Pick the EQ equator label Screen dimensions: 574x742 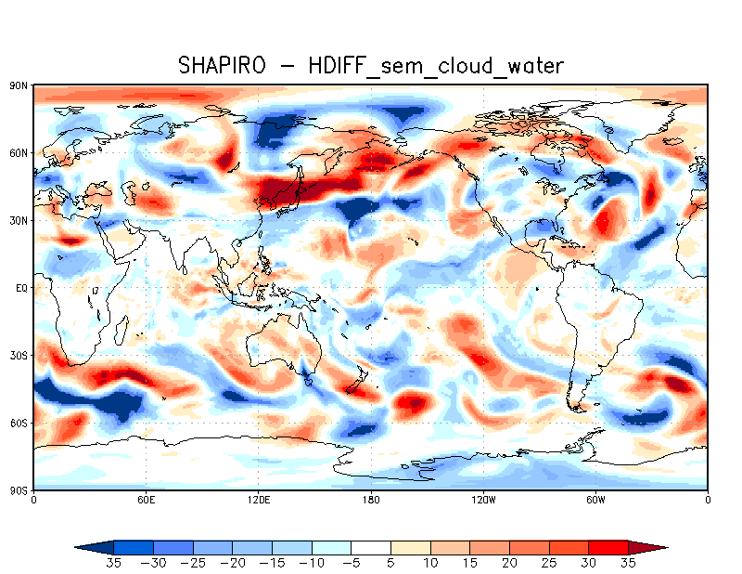pos(21,288)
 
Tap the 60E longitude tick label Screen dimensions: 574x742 pos(146,500)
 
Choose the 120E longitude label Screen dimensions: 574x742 pos(258,500)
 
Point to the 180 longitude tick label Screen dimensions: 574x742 pos(371,500)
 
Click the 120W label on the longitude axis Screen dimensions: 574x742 pos(483,500)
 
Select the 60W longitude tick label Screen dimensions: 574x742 pos(595,500)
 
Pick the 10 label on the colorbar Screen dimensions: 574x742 pos(431,563)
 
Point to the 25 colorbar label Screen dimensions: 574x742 pos(550,563)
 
